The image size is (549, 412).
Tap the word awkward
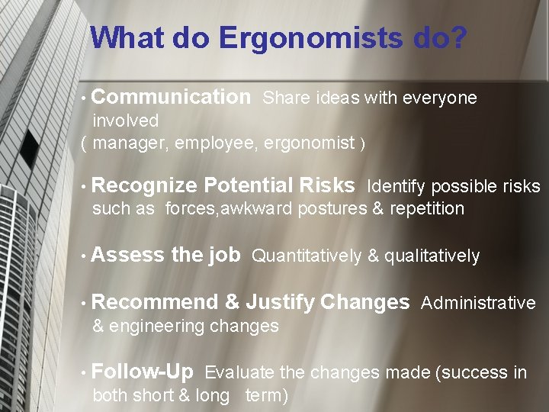(255, 209)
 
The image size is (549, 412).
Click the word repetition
(427, 209)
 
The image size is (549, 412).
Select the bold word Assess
(127, 255)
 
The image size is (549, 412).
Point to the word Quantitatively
(307, 256)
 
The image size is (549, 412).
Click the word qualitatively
(432, 256)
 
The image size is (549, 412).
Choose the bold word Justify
(280, 303)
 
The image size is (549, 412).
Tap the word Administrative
(478, 304)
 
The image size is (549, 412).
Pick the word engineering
(156, 327)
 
